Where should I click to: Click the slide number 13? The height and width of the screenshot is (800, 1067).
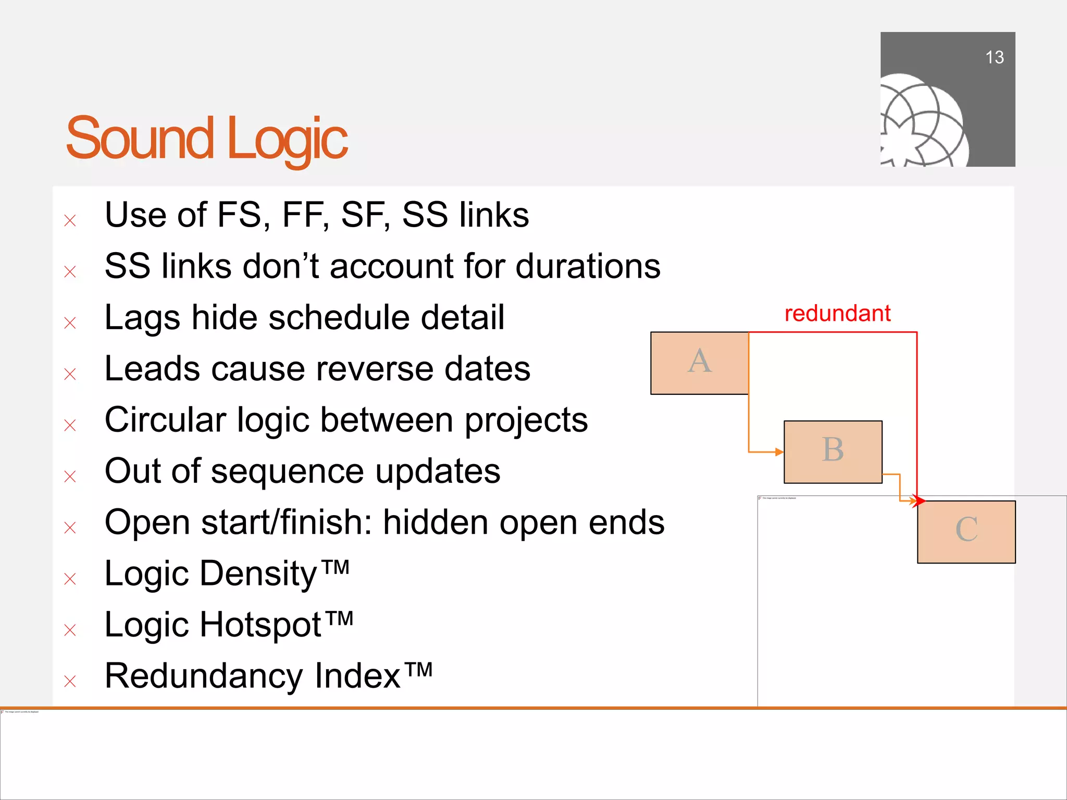[x=994, y=57]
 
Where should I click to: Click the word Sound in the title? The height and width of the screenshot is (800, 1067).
[x=140, y=139]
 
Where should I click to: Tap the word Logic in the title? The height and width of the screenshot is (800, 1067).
[x=287, y=139]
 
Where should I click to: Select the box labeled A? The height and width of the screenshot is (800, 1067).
[x=699, y=363]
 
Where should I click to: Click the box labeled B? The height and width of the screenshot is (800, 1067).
[x=833, y=452]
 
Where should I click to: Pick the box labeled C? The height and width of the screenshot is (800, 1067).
[x=966, y=531]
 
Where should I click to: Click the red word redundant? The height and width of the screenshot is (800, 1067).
[x=837, y=314]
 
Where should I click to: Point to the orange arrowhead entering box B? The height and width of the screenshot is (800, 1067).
[x=779, y=452]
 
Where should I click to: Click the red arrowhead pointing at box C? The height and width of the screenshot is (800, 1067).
[x=920, y=501]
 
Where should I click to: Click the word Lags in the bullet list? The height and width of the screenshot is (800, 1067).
[x=142, y=318]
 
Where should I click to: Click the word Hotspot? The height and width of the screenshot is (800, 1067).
[x=260, y=624]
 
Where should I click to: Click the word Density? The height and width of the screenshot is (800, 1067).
[x=258, y=573]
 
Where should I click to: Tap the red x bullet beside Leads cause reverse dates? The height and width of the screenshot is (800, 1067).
[x=70, y=374]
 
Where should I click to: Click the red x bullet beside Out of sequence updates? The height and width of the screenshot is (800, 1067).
[x=70, y=476]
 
